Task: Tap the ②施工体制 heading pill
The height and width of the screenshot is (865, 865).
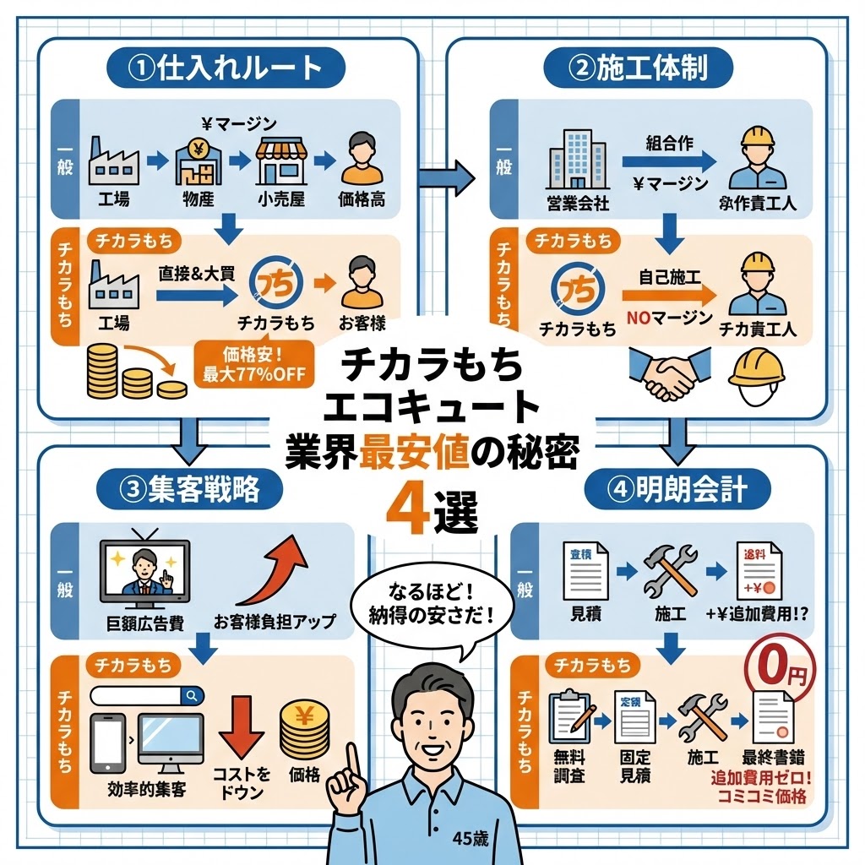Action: tap(638, 67)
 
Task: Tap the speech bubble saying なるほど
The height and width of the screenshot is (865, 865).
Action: tap(430, 602)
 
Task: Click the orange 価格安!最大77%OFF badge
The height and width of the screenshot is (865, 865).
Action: tap(253, 364)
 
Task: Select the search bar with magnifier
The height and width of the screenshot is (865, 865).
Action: tap(147, 695)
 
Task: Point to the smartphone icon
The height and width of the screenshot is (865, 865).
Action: tap(107, 743)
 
